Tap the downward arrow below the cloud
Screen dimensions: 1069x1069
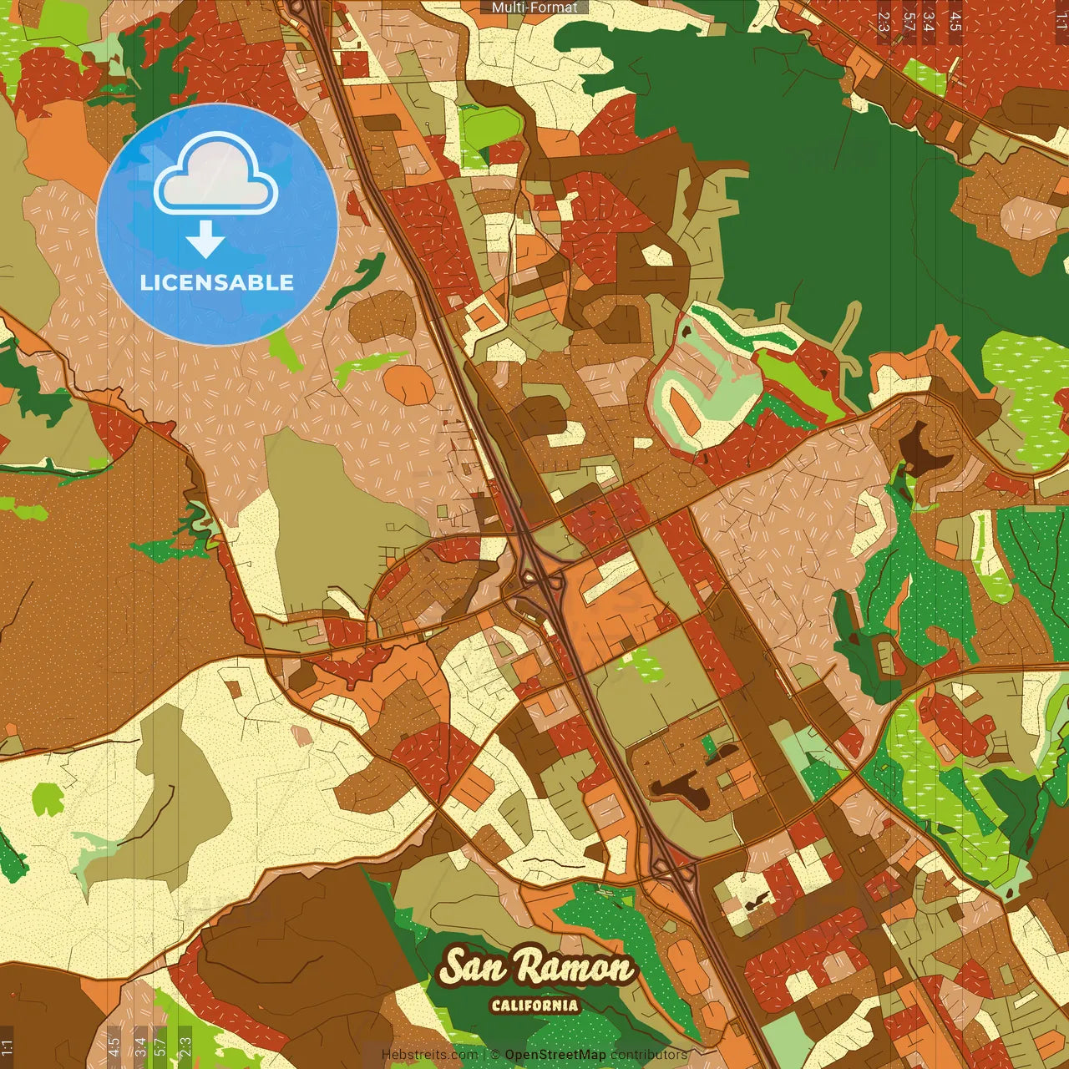tap(205, 239)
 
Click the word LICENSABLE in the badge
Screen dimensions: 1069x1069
tap(217, 282)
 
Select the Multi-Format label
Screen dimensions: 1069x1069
tap(534, 8)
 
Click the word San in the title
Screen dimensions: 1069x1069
tap(473, 967)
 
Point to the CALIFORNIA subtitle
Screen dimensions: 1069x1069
tap(534, 1005)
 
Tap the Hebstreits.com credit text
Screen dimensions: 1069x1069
tap(429, 1055)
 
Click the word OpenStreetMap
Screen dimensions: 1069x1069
tap(555, 1055)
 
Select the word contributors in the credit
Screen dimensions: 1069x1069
tap(649, 1055)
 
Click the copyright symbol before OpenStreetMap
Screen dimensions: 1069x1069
tap(494, 1055)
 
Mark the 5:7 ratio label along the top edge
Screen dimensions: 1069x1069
tap(909, 22)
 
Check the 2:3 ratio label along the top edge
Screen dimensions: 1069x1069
tap(884, 22)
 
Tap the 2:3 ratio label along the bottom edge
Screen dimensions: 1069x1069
tap(185, 1046)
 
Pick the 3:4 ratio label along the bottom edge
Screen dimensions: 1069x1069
tap(140, 1046)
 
